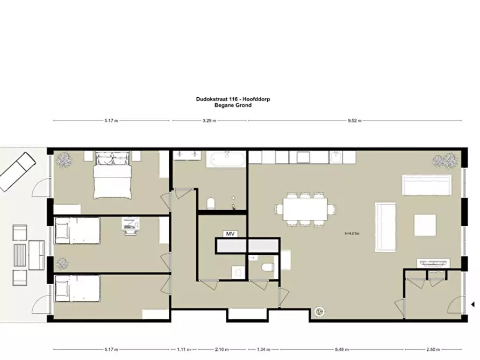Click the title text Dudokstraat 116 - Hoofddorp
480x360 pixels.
(233, 99)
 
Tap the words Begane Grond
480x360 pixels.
(233, 105)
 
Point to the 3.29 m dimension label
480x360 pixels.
(210, 121)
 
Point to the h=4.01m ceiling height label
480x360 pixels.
(352, 233)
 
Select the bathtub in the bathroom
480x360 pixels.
(227, 160)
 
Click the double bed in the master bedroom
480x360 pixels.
(112, 175)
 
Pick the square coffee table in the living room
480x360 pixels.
(425, 225)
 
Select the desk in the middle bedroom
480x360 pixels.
(131, 225)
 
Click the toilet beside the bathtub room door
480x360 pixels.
(211, 204)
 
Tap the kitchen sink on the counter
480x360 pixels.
(336, 157)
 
